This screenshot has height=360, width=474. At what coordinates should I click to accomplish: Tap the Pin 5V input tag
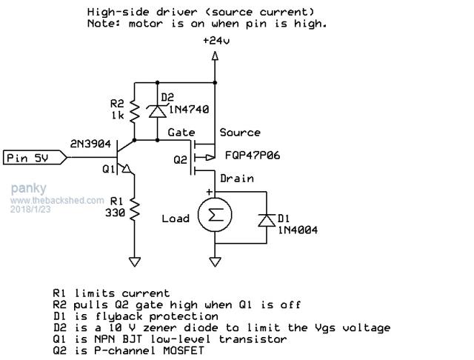click(x=30, y=158)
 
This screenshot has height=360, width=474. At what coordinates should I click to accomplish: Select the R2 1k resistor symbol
click(x=134, y=112)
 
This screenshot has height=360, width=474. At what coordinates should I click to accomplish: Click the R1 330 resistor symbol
click(x=134, y=210)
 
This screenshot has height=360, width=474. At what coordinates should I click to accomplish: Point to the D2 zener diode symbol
click(x=157, y=110)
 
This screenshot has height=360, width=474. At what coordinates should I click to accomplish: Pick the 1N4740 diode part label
click(x=190, y=109)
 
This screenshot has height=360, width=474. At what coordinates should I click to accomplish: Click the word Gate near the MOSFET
click(x=181, y=133)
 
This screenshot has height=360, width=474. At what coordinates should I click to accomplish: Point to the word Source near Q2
click(x=239, y=133)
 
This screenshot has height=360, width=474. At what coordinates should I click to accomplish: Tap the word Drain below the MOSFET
click(x=236, y=179)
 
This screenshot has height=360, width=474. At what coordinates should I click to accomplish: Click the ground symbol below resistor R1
click(x=134, y=261)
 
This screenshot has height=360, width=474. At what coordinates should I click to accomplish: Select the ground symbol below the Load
click(x=215, y=261)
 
